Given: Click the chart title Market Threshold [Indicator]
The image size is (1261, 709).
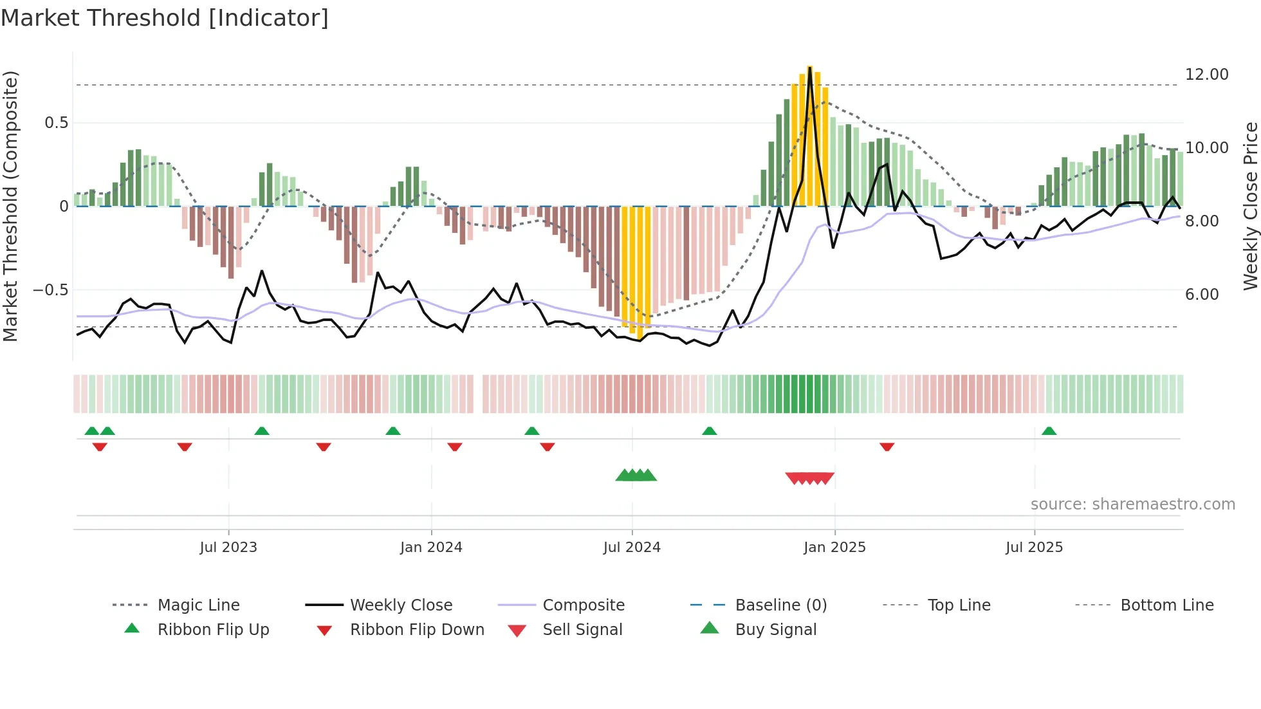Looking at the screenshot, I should point(165,18).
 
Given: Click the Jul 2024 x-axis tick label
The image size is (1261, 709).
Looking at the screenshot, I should point(632,547).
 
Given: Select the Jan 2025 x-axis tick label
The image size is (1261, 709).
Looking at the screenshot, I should point(834,547).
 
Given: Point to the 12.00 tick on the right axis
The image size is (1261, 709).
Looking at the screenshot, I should point(1206,75).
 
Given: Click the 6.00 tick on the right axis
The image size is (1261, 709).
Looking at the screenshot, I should point(1201,295).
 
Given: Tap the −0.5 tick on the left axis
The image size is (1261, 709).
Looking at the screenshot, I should point(51,290).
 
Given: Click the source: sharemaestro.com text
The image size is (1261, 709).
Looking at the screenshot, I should point(1132,504).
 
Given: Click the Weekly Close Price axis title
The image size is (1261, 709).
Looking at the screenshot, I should point(1250,206).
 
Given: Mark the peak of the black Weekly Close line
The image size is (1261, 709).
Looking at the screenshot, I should point(810,67).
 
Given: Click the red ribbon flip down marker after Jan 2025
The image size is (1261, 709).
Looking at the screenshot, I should point(887,447).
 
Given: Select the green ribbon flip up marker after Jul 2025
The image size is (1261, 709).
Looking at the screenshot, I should point(1049,431).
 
